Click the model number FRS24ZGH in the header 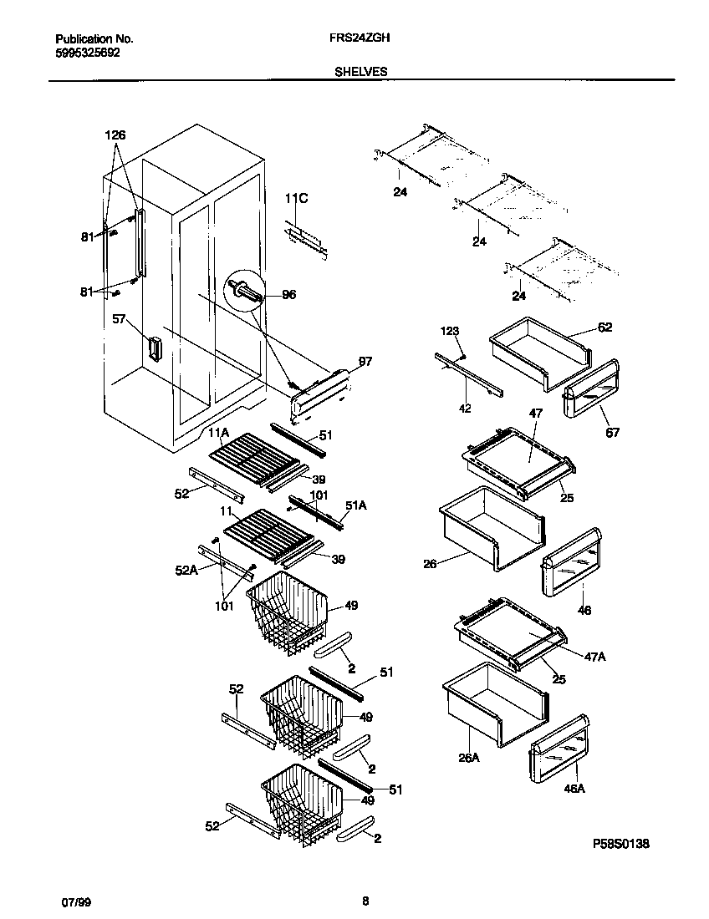point(362,38)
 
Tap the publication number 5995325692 point(88,51)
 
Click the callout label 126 point(115,135)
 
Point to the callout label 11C point(296,198)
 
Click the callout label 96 point(289,294)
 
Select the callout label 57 point(120,318)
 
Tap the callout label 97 point(365,361)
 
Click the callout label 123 point(451,331)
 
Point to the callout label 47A point(594,657)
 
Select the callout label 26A point(469,759)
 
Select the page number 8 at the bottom point(365,901)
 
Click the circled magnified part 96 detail point(243,292)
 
